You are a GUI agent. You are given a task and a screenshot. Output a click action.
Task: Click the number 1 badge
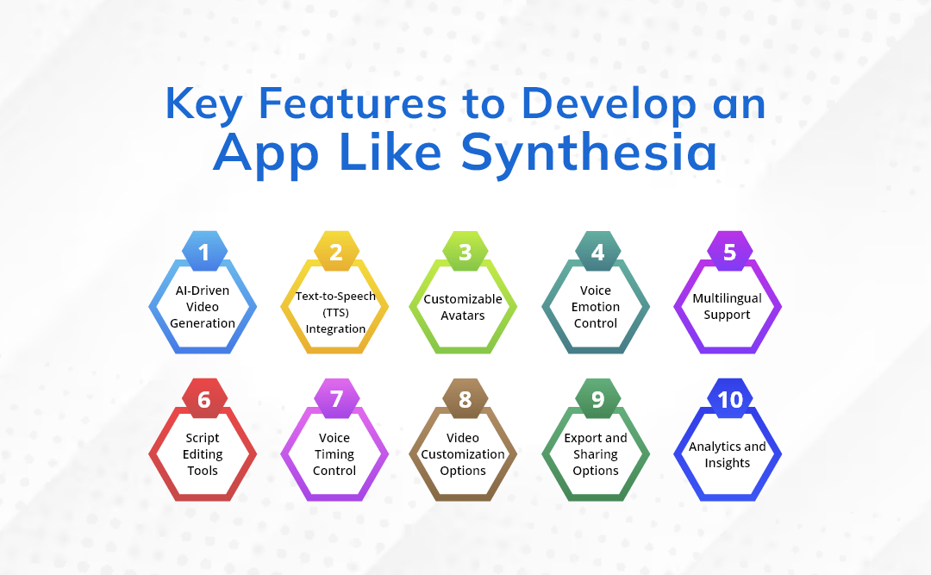click(204, 252)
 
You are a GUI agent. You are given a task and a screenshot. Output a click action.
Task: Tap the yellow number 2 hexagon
click(336, 252)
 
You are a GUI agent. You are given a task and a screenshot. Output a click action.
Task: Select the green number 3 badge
click(465, 252)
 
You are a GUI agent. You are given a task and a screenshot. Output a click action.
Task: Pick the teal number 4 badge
click(597, 252)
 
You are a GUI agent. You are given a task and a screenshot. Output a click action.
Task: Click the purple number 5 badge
click(729, 252)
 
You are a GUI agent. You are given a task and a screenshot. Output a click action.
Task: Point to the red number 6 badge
click(204, 399)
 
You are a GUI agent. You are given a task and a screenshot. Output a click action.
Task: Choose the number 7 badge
click(336, 399)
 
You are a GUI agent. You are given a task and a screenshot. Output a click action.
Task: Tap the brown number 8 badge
click(465, 399)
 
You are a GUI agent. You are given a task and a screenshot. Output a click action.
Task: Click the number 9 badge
click(597, 399)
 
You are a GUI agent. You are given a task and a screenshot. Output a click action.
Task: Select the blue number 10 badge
click(729, 399)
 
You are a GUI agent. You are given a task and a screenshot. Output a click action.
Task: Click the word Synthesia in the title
click(589, 153)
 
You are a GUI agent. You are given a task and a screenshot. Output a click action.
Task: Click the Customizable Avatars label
click(463, 307)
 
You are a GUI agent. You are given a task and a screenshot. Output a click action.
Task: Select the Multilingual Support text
click(727, 306)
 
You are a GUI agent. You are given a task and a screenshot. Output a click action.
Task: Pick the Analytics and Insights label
click(727, 454)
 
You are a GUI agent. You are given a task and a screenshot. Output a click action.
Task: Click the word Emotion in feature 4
click(595, 307)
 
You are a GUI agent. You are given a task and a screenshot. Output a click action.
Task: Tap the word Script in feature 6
click(203, 438)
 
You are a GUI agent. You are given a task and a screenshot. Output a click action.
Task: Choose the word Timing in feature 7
click(334, 454)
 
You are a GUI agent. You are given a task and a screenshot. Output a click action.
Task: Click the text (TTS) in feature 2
click(335, 312)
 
